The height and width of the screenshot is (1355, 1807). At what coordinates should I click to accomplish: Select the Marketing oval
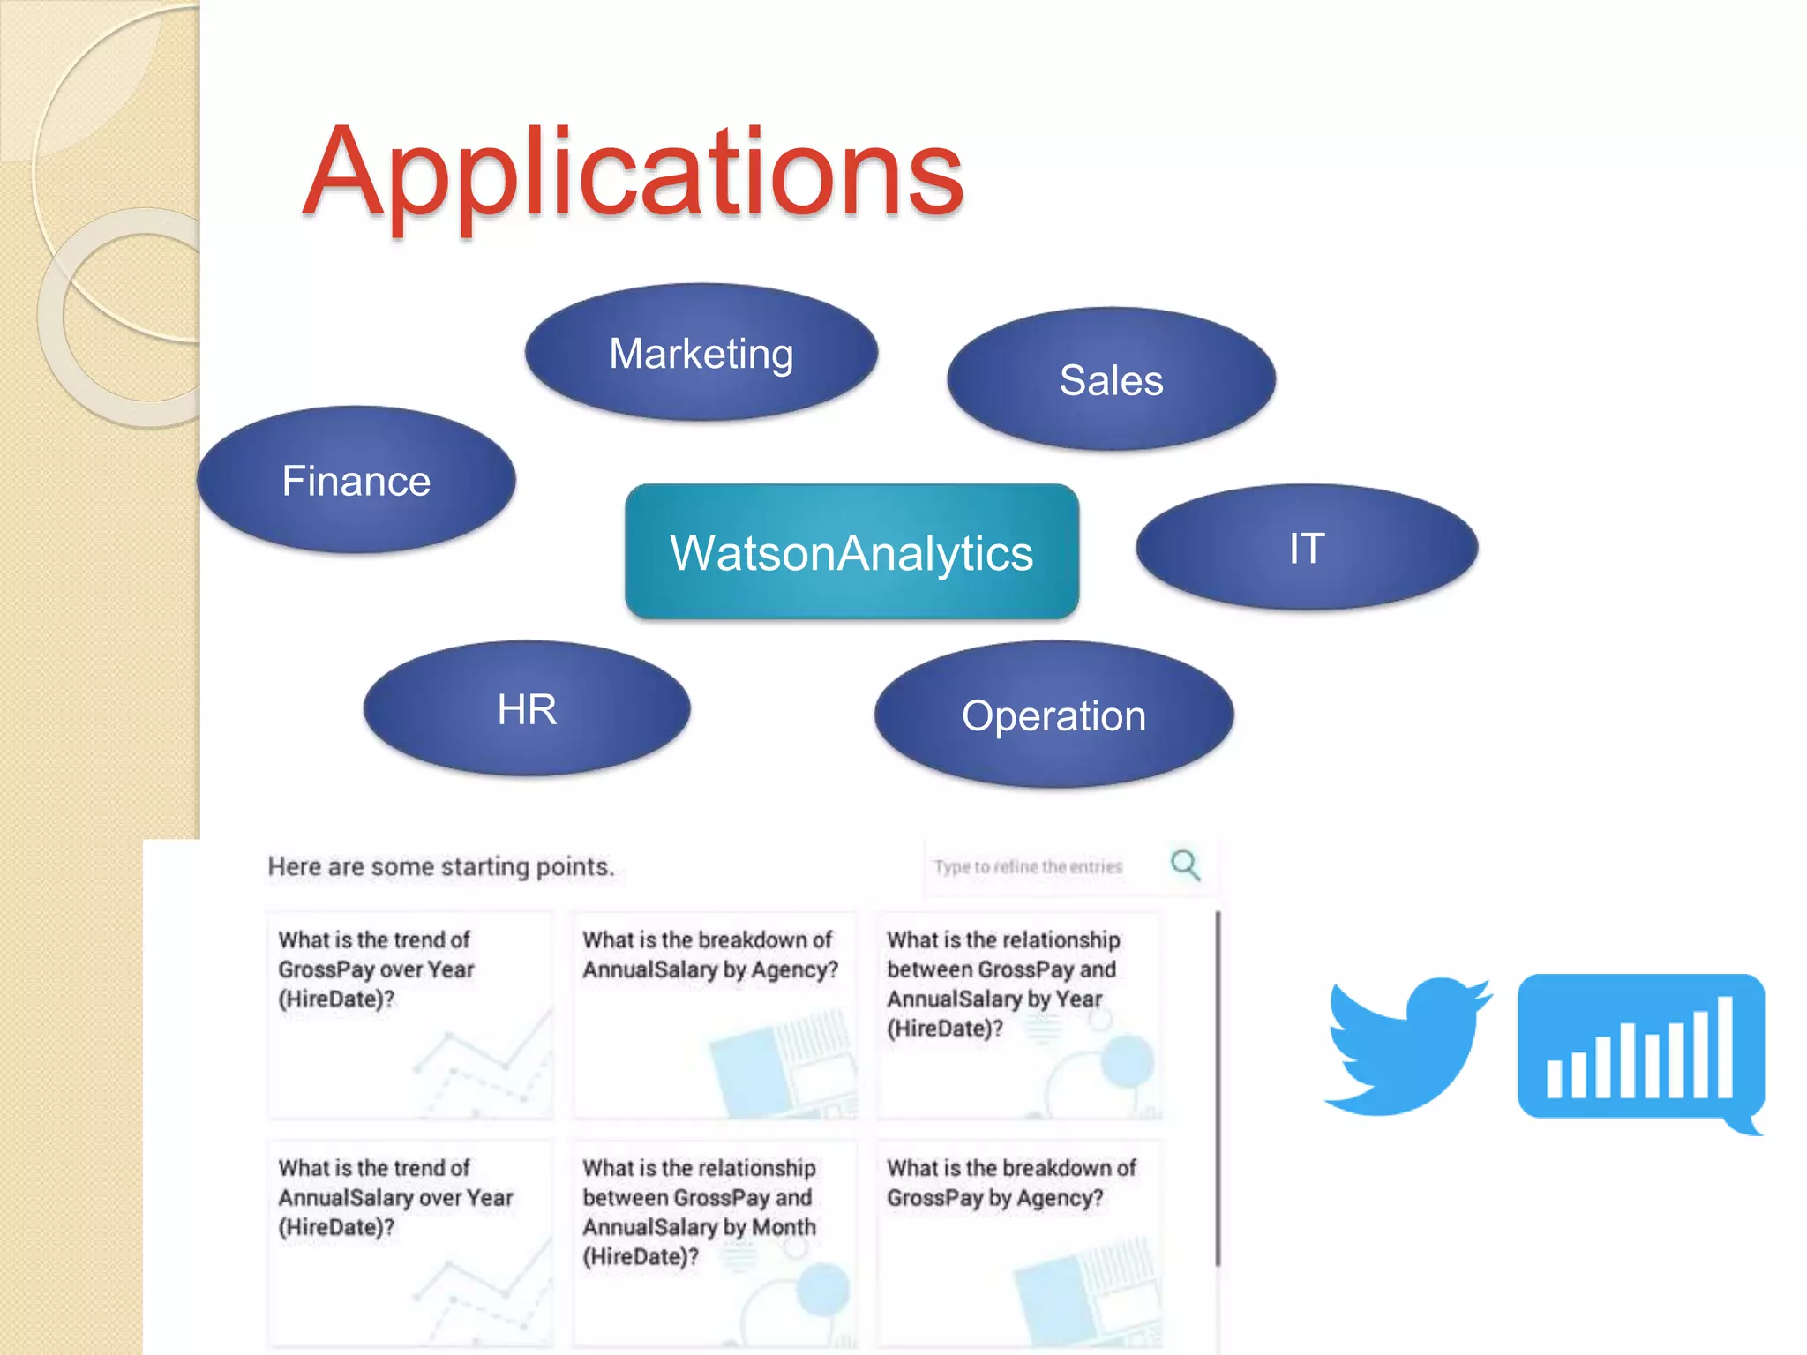(701, 353)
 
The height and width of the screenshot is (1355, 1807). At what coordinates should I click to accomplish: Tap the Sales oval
(1111, 380)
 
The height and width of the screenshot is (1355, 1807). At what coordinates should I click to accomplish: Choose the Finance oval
(356, 481)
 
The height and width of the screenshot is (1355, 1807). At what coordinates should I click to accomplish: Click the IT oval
(1307, 548)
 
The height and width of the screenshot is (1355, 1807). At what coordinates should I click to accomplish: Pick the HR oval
(527, 709)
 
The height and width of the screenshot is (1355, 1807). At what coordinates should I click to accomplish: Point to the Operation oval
(1053, 715)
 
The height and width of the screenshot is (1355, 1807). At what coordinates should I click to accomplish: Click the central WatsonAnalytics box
(851, 552)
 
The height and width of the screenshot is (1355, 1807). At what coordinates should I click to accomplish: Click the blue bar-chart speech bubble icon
(1640, 1050)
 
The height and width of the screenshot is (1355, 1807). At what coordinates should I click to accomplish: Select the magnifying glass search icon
(1185, 865)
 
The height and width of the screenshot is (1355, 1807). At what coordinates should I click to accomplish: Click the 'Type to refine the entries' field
(1028, 867)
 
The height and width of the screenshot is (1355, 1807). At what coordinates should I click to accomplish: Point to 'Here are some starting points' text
(440, 866)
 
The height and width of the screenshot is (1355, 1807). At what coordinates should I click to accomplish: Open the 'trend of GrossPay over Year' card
(410, 1014)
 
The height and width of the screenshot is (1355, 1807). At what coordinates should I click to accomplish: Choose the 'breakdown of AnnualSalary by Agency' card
(715, 1014)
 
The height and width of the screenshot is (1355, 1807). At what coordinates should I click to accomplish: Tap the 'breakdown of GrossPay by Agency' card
(1019, 1244)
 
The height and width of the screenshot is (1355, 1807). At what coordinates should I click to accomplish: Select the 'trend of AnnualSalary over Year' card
(410, 1244)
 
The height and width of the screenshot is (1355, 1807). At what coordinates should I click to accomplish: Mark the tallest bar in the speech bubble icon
(1725, 1047)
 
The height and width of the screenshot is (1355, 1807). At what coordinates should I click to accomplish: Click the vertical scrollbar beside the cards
(1218, 1089)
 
